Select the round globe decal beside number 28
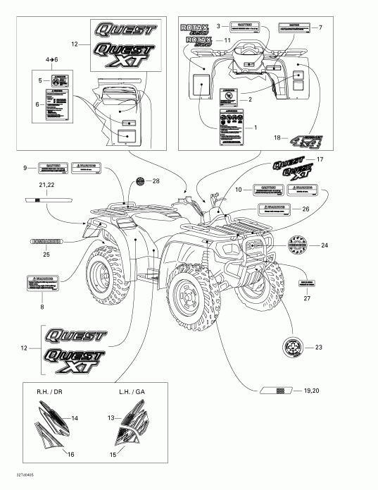click(139, 182)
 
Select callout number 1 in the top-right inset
click(255, 128)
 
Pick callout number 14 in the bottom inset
click(75, 419)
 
